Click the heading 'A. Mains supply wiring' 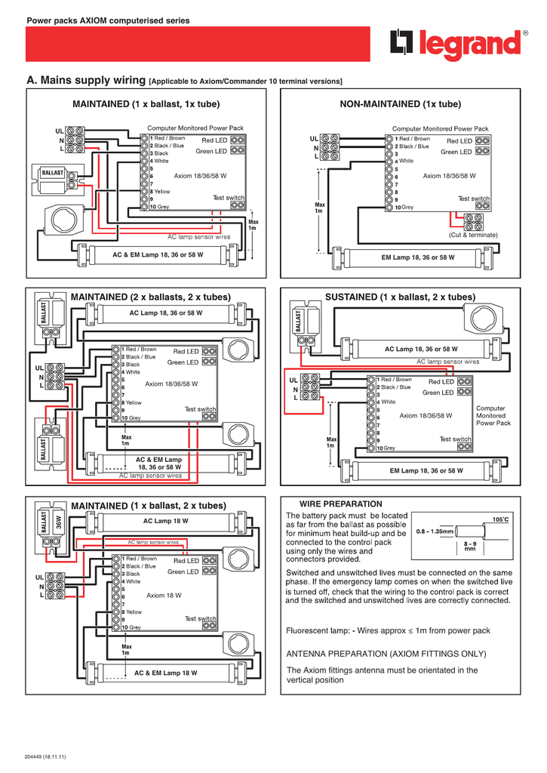(85, 80)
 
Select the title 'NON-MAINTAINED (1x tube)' (400, 103)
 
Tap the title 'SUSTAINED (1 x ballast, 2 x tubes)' (400, 297)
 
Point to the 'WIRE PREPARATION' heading (341, 504)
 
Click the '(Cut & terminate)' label (473, 235)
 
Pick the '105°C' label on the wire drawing (500, 520)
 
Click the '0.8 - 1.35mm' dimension (435, 531)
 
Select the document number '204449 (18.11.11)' (45, 756)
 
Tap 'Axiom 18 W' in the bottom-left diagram (164, 596)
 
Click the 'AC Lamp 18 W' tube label (165, 521)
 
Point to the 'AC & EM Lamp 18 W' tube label (165, 673)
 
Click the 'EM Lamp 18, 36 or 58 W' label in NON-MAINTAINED (418, 257)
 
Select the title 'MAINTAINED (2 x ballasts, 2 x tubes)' (150, 297)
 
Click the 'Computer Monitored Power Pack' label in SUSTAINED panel (493, 416)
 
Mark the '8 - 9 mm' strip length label (470, 547)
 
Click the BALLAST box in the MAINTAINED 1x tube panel (52, 173)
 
